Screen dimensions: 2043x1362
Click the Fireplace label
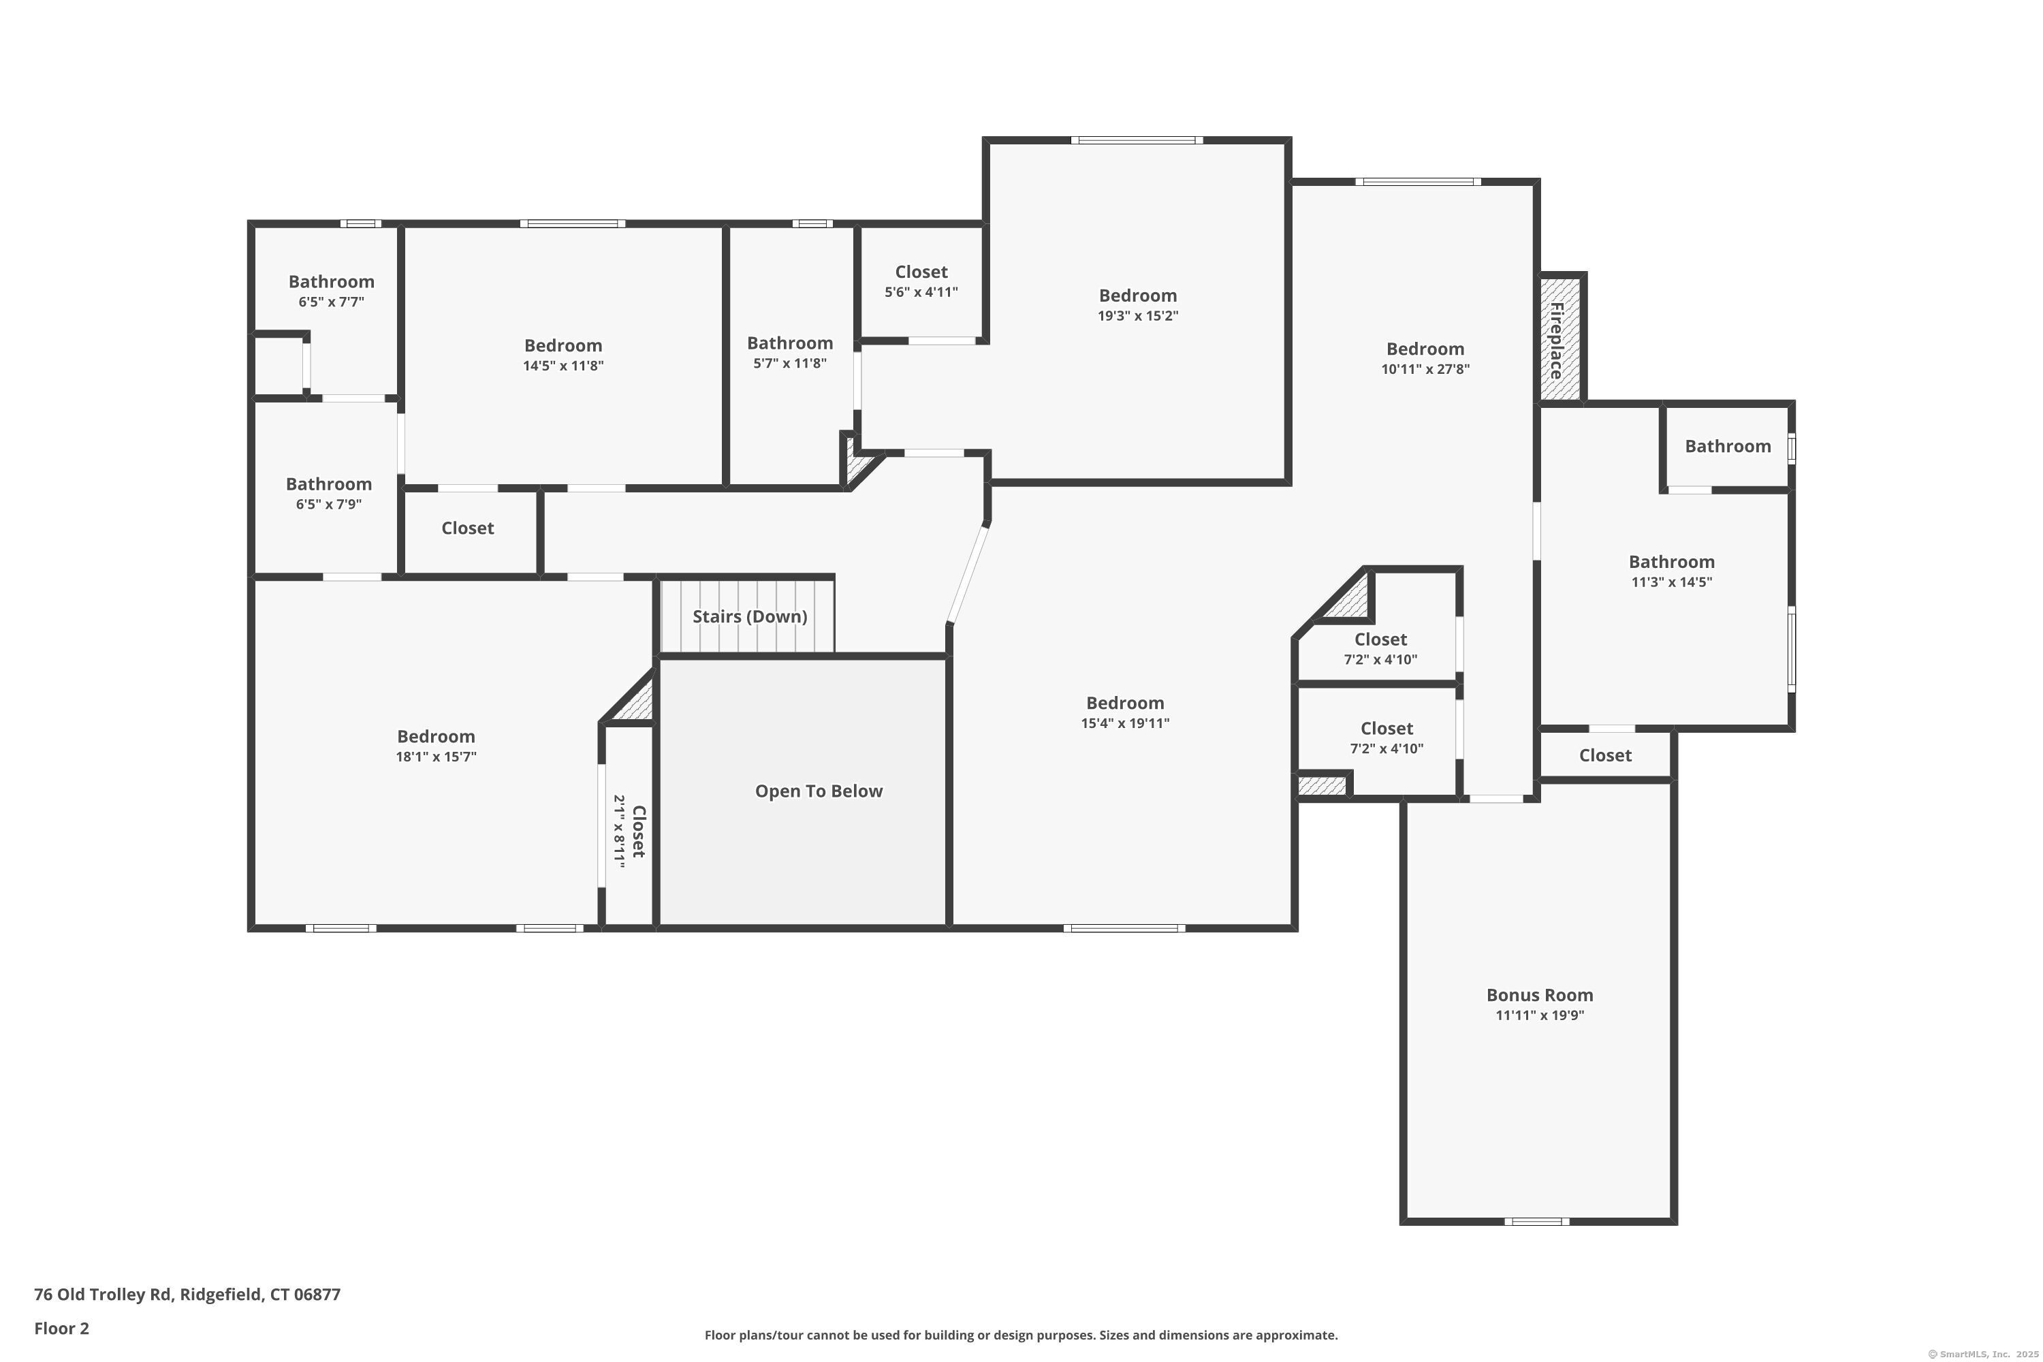pyautogui.click(x=1557, y=340)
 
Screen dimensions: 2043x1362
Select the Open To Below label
pyautogui.click(x=819, y=791)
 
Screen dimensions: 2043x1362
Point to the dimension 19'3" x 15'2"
pyautogui.click(x=1138, y=316)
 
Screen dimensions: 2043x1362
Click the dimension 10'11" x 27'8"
pyautogui.click(x=1425, y=369)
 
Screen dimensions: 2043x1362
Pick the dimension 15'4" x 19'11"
pyautogui.click(x=1125, y=723)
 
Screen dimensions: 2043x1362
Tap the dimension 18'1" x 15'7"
pyautogui.click(x=436, y=757)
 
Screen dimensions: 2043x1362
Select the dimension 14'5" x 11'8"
pyautogui.click(x=563, y=366)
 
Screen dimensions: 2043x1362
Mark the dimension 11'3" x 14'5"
pyautogui.click(x=1671, y=582)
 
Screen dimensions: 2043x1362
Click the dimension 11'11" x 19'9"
pyautogui.click(x=1539, y=1015)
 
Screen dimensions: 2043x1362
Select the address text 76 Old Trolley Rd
pyautogui.click(x=104, y=1295)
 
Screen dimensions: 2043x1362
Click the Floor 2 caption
pyautogui.click(x=62, y=1328)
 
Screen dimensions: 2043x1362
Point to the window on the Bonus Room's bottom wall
pyautogui.click(x=1536, y=1221)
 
